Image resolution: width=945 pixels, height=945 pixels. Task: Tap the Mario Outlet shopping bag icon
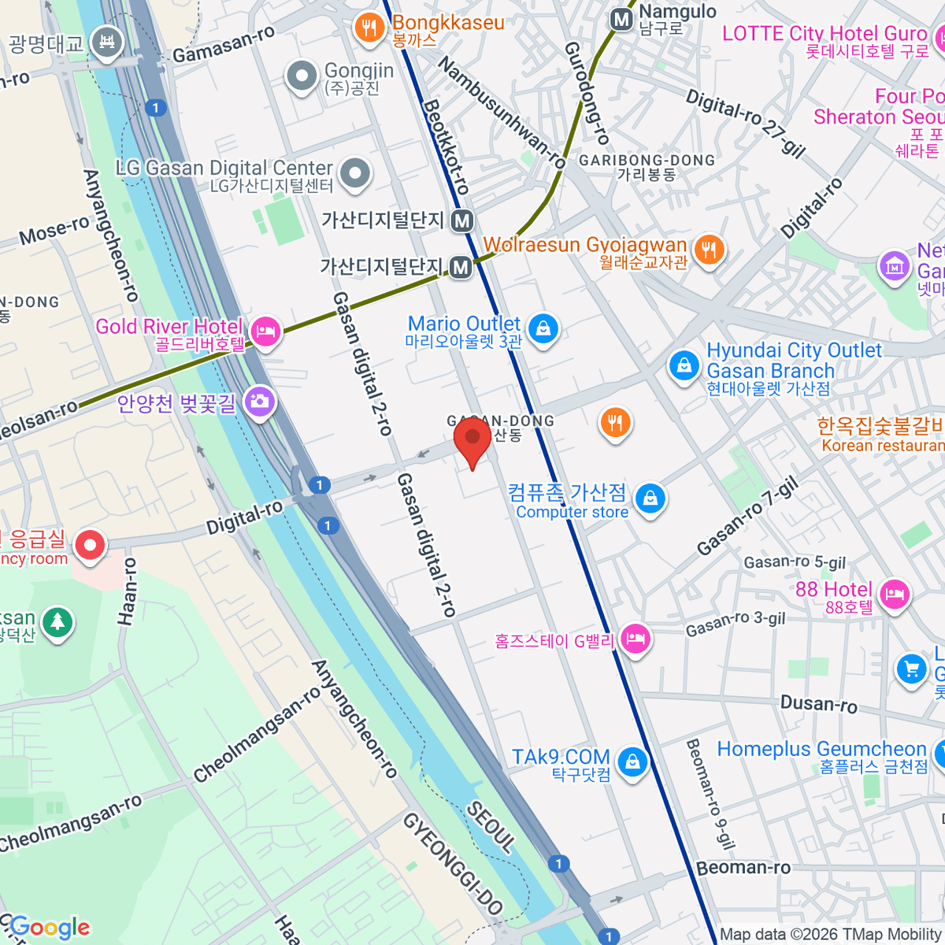click(543, 328)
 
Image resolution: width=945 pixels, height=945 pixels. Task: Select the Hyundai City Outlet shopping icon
click(684, 366)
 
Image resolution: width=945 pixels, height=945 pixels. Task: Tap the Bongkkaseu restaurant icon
click(369, 28)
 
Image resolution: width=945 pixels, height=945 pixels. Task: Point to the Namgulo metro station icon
click(622, 20)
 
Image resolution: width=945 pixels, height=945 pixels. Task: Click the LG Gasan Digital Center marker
click(355, 172)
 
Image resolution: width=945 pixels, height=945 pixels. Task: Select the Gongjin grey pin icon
click(302, 76)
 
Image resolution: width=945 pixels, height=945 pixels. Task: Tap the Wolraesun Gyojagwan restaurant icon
click(709, 250)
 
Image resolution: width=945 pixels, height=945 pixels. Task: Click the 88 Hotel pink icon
click(895, 595)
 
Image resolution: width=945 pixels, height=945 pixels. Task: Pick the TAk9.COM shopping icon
click(632, 762)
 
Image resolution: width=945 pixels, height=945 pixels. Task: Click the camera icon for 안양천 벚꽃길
click(259, 402)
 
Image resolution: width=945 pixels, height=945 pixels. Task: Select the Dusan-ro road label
click(818, 703)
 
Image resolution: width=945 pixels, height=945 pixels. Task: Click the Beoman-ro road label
click(743, 868)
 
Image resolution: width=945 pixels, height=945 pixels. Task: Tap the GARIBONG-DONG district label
click(647, 161)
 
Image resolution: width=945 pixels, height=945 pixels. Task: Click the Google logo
click(50, 928)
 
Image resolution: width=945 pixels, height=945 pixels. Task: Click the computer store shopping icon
click(650, 498)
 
